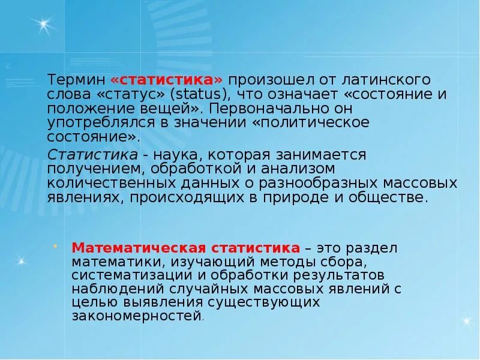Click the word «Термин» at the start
pos(77,80)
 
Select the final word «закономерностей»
pos(136,316)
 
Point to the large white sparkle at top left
pos(44,25)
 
